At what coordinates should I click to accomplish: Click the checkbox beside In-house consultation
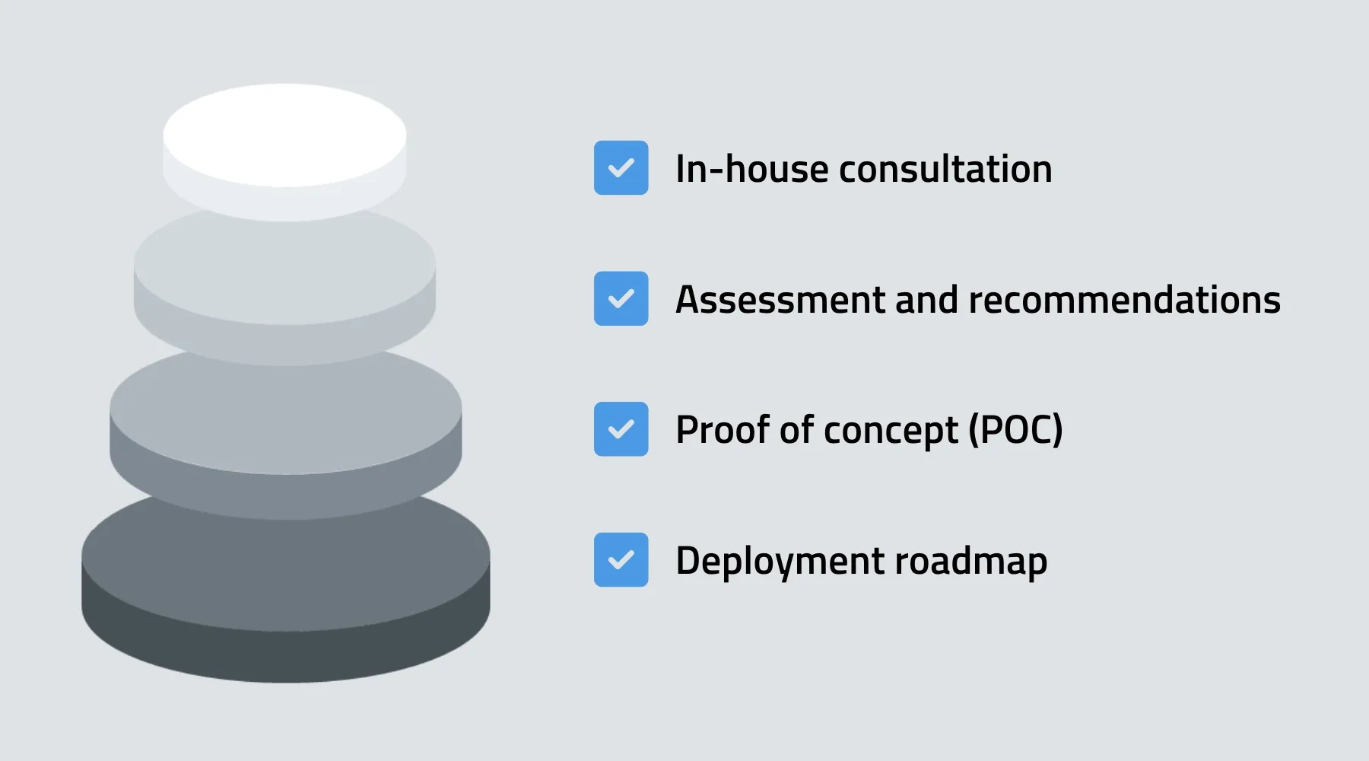click(x=621, y=167)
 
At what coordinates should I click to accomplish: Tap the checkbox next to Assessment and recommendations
click(x=621, y=298)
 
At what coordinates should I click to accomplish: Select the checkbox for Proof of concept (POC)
click(x=621, y=429)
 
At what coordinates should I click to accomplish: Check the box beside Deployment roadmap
click(x=621, y=559)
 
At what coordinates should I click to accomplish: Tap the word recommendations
click(x=1125, y=299)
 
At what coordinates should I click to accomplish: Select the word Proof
click(x=723, y=429)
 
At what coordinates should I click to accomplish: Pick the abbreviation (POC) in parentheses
click(x=1015, y=430)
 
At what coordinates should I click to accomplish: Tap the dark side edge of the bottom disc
click(x=285, y=654)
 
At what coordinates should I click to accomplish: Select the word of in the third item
click(x=796, y=429)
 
